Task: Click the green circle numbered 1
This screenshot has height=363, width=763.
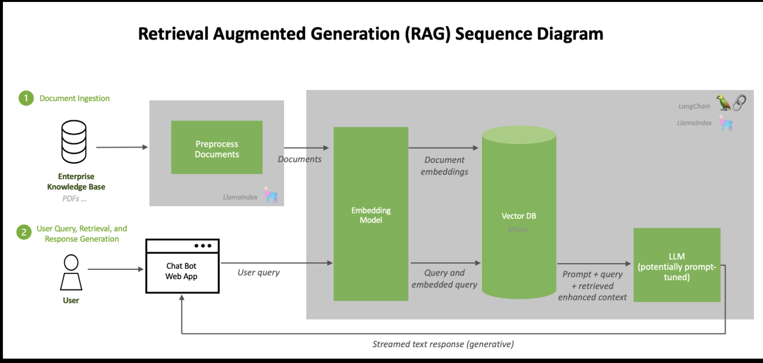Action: pyautogui.click(x=26, y=98)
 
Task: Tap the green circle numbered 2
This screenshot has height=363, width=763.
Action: pyautogui.click(x=24, y=232)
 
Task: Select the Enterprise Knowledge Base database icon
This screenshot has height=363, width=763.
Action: pyautogui.click(x=74, y=142)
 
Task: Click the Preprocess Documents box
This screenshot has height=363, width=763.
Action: pyautogui.click(x=217, y=147)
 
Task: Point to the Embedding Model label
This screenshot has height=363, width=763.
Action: pyautogui.click(x=371, y=215)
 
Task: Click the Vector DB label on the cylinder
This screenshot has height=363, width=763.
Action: pyautogui.click(x=519, y=216)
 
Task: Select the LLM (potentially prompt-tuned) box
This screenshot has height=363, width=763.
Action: pyautogui.click(x=677, y=265)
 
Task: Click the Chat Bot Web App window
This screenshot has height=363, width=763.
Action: pyautogui.click(x=182, y=271)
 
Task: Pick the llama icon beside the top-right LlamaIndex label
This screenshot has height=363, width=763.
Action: pyautogui.click(x=726, y=123)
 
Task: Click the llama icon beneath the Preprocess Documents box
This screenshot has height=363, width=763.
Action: pyautogui.click(x=271, y=195)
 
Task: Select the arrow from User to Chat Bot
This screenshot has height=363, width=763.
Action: pyautogui.click(x=115, y=269)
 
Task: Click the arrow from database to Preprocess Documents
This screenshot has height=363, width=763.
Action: pyautogui.click(x=122, y=147)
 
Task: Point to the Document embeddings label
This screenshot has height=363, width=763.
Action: pyautogui.click(x=444, y=166)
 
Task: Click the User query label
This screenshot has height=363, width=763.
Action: pyautogui.click(x=258, y=272)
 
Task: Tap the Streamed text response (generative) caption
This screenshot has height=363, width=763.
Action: pyautogui.click(x=443, y=344)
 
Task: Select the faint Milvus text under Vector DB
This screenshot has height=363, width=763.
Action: pyautogui.click(x=518, y=229)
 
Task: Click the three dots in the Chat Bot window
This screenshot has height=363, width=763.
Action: pyautogui.click(x=203, y=246)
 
